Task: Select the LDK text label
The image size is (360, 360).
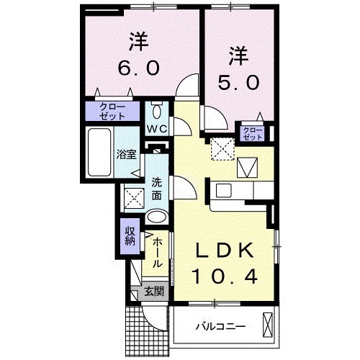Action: [225, 251]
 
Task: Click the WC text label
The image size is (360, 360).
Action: [157, 128]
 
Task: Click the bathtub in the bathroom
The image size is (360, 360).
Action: [97, 153]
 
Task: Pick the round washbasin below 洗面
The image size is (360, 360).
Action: [156, 218]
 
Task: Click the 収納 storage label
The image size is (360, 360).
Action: [129, 235]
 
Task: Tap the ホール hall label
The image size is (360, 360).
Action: [156, 252]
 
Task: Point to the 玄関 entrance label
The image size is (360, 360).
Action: [153, 292]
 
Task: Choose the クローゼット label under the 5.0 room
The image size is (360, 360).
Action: [252, 133]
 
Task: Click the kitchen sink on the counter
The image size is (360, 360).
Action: [222, 192]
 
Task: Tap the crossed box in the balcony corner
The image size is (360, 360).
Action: [268, 326]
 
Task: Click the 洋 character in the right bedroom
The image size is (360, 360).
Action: [240, 54]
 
